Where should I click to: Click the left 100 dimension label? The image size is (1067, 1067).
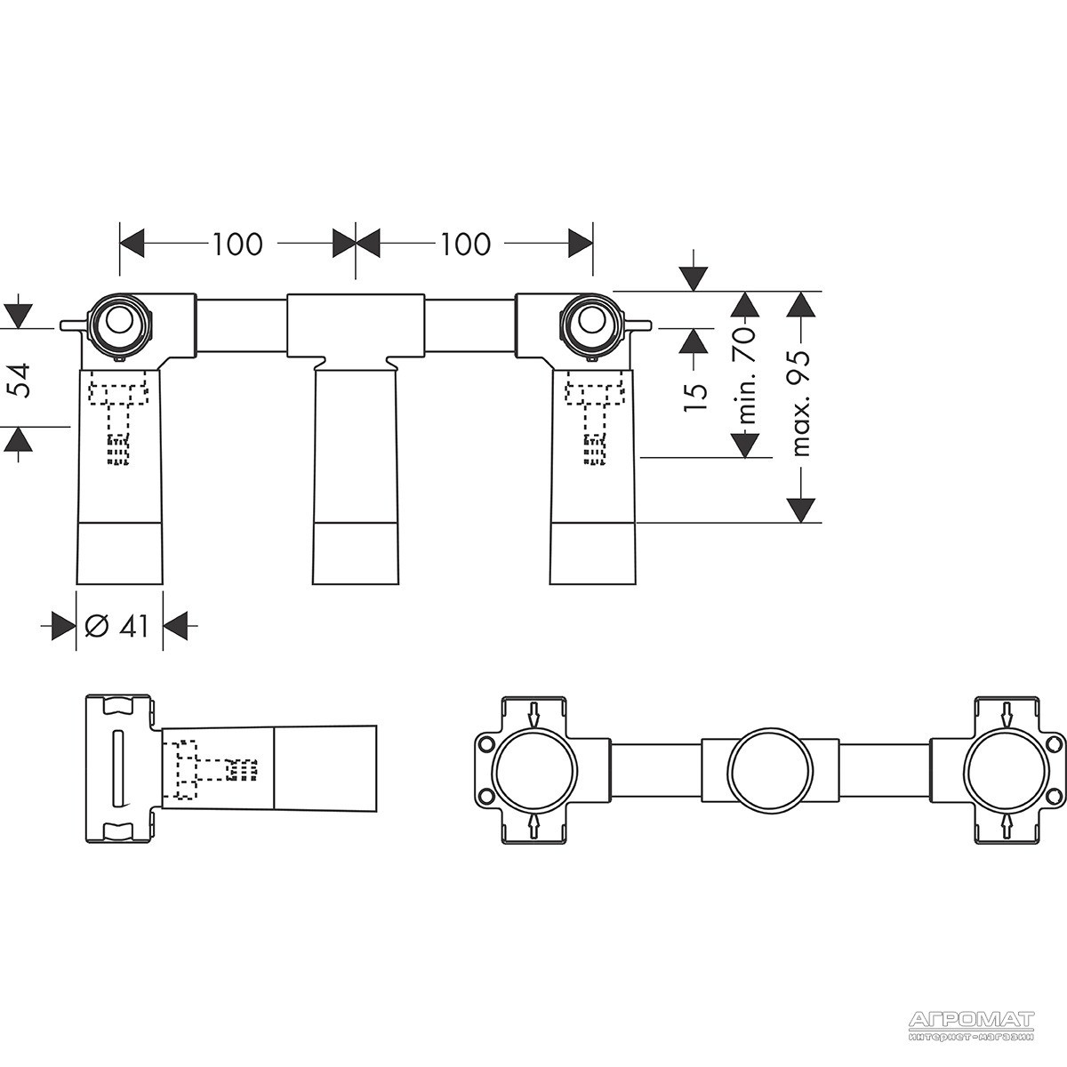pyautogui.click(x=237, y=245)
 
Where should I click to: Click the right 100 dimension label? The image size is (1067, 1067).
pyautogui.click(x=465, y=245)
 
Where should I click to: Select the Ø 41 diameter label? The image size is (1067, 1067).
pyautogui.click(x=117, y=626)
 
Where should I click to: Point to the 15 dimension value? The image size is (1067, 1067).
pyautogui.click(x=696, y=390)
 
